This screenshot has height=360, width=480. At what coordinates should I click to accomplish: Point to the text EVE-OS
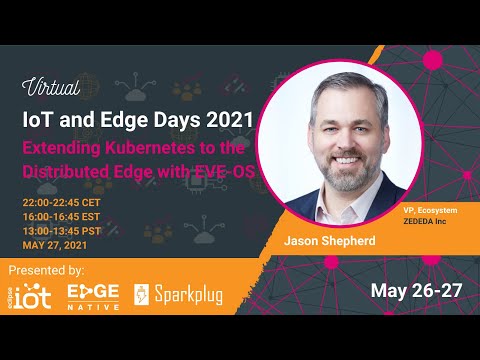227,171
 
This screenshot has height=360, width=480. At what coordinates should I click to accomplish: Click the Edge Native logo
92,295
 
